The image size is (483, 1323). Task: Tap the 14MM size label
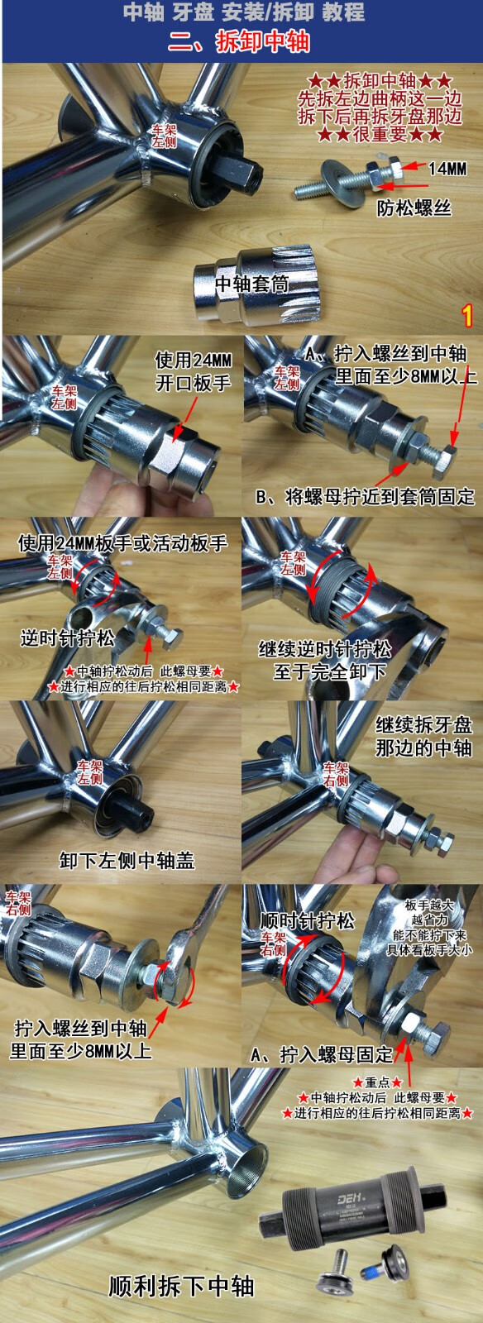447,169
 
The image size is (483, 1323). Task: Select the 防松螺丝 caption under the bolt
414,208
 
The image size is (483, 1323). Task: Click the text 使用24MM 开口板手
194,371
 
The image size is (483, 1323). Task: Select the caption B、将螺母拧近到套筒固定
365,496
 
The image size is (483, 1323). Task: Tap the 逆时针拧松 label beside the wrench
67,638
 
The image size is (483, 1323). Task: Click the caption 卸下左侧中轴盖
127,861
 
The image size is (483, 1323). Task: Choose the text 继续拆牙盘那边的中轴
423,736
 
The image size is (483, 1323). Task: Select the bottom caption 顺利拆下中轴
181,1286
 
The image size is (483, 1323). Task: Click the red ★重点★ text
376,1082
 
